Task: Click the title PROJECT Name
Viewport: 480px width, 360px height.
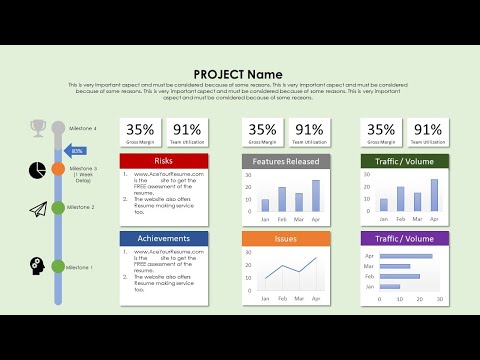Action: pos(238,74)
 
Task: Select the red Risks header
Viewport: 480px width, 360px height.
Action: pos(164,161)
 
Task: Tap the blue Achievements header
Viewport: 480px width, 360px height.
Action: pos(164,239)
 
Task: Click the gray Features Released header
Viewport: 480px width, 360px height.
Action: pos(286,161)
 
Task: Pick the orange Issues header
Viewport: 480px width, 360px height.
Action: pos(286,239)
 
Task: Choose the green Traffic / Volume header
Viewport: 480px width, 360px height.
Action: pos(404,161)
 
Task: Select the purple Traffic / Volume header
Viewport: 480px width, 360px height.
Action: pos(404,239)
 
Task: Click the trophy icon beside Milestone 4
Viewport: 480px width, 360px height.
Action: pos(38,127)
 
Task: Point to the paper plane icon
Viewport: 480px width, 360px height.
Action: pos(38,209)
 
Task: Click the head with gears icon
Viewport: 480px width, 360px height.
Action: pos(38,266)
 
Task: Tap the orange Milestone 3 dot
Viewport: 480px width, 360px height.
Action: pos(58,169)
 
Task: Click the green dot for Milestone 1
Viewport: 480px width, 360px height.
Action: pos(58,267)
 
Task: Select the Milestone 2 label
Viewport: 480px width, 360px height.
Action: pos(82,208)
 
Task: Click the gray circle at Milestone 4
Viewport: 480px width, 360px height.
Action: pos(58,128)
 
